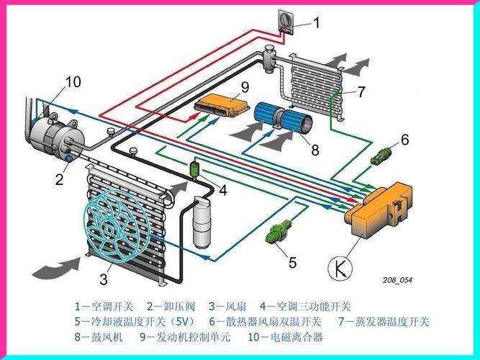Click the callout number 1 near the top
coord(316,23)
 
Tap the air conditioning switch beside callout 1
coord(286,21)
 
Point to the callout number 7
coord(361,91)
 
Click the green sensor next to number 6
coord(382,154)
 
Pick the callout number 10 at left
coord(73,81)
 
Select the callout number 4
coord(222,191)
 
